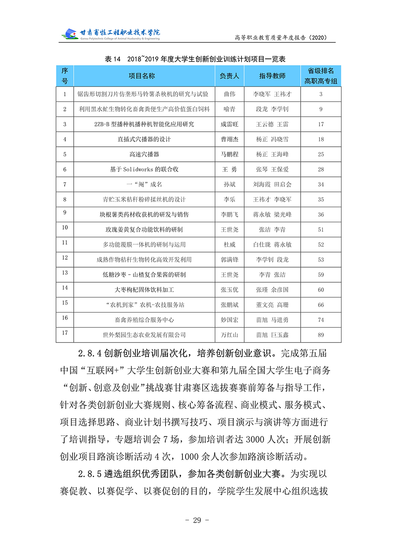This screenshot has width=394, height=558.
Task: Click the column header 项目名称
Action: (x=142, y=76)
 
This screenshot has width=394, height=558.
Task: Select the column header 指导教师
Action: (x=272, y=76)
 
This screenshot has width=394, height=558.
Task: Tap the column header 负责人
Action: (x=229, y=76)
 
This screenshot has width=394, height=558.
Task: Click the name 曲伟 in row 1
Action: (x=229, y=94)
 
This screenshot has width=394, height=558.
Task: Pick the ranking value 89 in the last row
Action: (x=321, y=335)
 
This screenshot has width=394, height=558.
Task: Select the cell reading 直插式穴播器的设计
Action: (x=144, y=139)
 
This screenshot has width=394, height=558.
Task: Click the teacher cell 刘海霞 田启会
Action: (x=272, y=184)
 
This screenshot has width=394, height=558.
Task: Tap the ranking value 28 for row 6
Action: (x=321, y=169)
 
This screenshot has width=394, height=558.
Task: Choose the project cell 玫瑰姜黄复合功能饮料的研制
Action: (x=144, y=229)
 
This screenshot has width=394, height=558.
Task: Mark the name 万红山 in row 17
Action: (x=229, y=335)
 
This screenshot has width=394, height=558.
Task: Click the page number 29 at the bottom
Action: (x=197, y=520)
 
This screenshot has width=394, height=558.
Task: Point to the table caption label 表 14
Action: (x=113, y=59)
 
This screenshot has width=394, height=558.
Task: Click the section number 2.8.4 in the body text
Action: (x=90, y=353)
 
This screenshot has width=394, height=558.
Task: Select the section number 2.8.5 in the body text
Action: (x=90, y=474)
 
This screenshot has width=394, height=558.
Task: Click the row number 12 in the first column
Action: (x=65, y=258)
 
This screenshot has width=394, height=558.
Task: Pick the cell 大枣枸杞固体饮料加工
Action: (x=144, y=290)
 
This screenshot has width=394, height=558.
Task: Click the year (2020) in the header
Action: (x=318, y=37)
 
